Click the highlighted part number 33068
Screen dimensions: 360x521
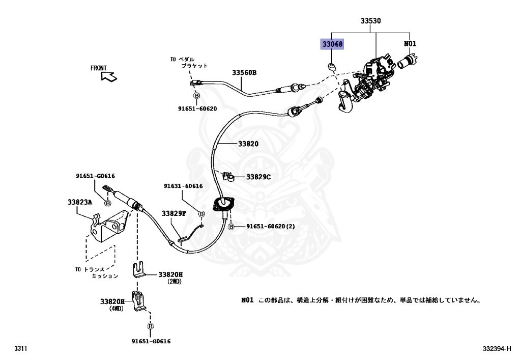(332, 44)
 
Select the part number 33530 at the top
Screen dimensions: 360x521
(371, 21)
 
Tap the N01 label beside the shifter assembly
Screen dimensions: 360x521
(410, 44)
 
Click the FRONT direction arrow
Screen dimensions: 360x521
(109, 76)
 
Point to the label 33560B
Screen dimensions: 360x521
(244, 73)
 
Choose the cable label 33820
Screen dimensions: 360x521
(249, 144)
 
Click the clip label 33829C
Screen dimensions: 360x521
(258, 177)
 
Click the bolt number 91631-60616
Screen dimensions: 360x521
(183, 186)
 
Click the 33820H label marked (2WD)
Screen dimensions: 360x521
(170, 274)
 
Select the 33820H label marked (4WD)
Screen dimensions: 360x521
(112, 301)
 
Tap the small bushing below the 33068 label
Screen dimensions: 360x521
(332, 66)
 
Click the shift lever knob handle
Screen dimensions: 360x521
(346, 102)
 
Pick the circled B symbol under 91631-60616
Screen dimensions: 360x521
(201, 214)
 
